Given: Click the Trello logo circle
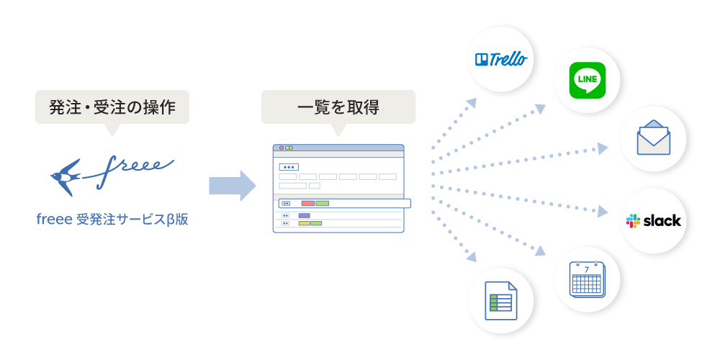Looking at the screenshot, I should [501, 59].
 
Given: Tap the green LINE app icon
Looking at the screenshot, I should [588, 80].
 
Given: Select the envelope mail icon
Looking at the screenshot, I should [653, 139].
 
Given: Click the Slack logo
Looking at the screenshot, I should [653, 220].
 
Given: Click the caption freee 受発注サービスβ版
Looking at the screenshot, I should [112, 219].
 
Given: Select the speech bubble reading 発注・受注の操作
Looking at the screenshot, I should [112, 107].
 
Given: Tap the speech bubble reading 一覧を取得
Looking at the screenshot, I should [338, 107].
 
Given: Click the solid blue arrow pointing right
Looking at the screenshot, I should [233, 186].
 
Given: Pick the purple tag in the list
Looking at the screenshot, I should [304, 215].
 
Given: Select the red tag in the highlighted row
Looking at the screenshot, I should [308, 203].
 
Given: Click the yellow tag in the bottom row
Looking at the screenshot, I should [304, 223].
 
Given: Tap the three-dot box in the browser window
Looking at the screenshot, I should [289, 166].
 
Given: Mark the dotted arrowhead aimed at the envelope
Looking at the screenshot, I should [603, 148].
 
